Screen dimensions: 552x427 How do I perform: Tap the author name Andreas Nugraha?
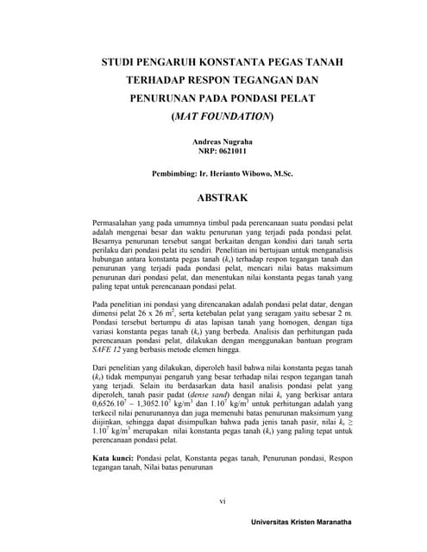(222, 140)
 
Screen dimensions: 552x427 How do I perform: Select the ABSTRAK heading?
(223, 198)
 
